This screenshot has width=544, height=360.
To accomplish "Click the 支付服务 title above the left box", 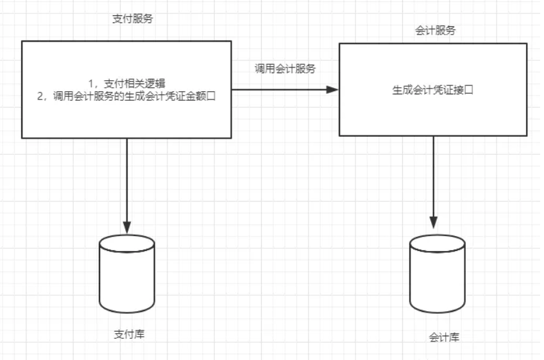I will pyautogui.click(x=133, y=19).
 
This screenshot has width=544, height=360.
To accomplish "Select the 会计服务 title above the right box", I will pyautogui.click(x=436, y=31).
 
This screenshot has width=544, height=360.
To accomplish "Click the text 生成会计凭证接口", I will pyautogui.click(x=433, y=90).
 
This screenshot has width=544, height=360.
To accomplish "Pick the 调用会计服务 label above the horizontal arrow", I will pyautogui.click(x=285, y=69).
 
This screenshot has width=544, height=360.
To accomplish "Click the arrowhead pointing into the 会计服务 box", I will pyautogui.click(x=332, y=90).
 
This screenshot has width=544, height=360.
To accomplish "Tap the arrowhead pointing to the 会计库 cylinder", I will pyautogui.click(x=434, y=223).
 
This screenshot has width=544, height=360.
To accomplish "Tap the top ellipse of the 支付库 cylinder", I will pyautogui.click(x=127, y=243).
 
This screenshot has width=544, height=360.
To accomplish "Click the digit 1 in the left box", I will pyautogui.click(x=90, y=83).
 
